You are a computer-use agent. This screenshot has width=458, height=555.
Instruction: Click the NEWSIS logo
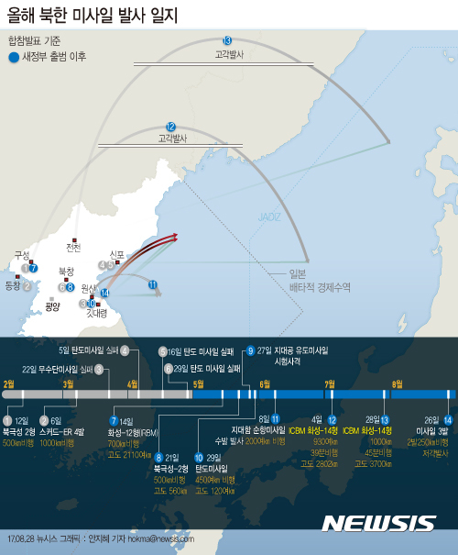coord(378,523)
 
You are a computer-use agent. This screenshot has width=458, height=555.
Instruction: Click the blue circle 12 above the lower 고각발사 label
coord(171,126)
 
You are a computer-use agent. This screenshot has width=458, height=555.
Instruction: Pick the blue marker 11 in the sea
coord(153,285)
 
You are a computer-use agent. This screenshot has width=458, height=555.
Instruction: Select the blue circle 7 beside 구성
coord(33,268)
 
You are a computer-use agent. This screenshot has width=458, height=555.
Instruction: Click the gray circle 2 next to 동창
coord(27,286)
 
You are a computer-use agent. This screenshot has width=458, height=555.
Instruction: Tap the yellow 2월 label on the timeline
coord(10,383)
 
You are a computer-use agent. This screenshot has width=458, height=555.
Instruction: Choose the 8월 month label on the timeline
coord(398,383)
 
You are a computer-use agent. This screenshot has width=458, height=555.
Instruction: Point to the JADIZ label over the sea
coord(269,217)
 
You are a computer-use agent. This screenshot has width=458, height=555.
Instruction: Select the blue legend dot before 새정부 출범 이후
coord(13,58)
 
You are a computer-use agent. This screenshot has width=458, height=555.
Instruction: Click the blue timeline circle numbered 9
coord(250,350)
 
